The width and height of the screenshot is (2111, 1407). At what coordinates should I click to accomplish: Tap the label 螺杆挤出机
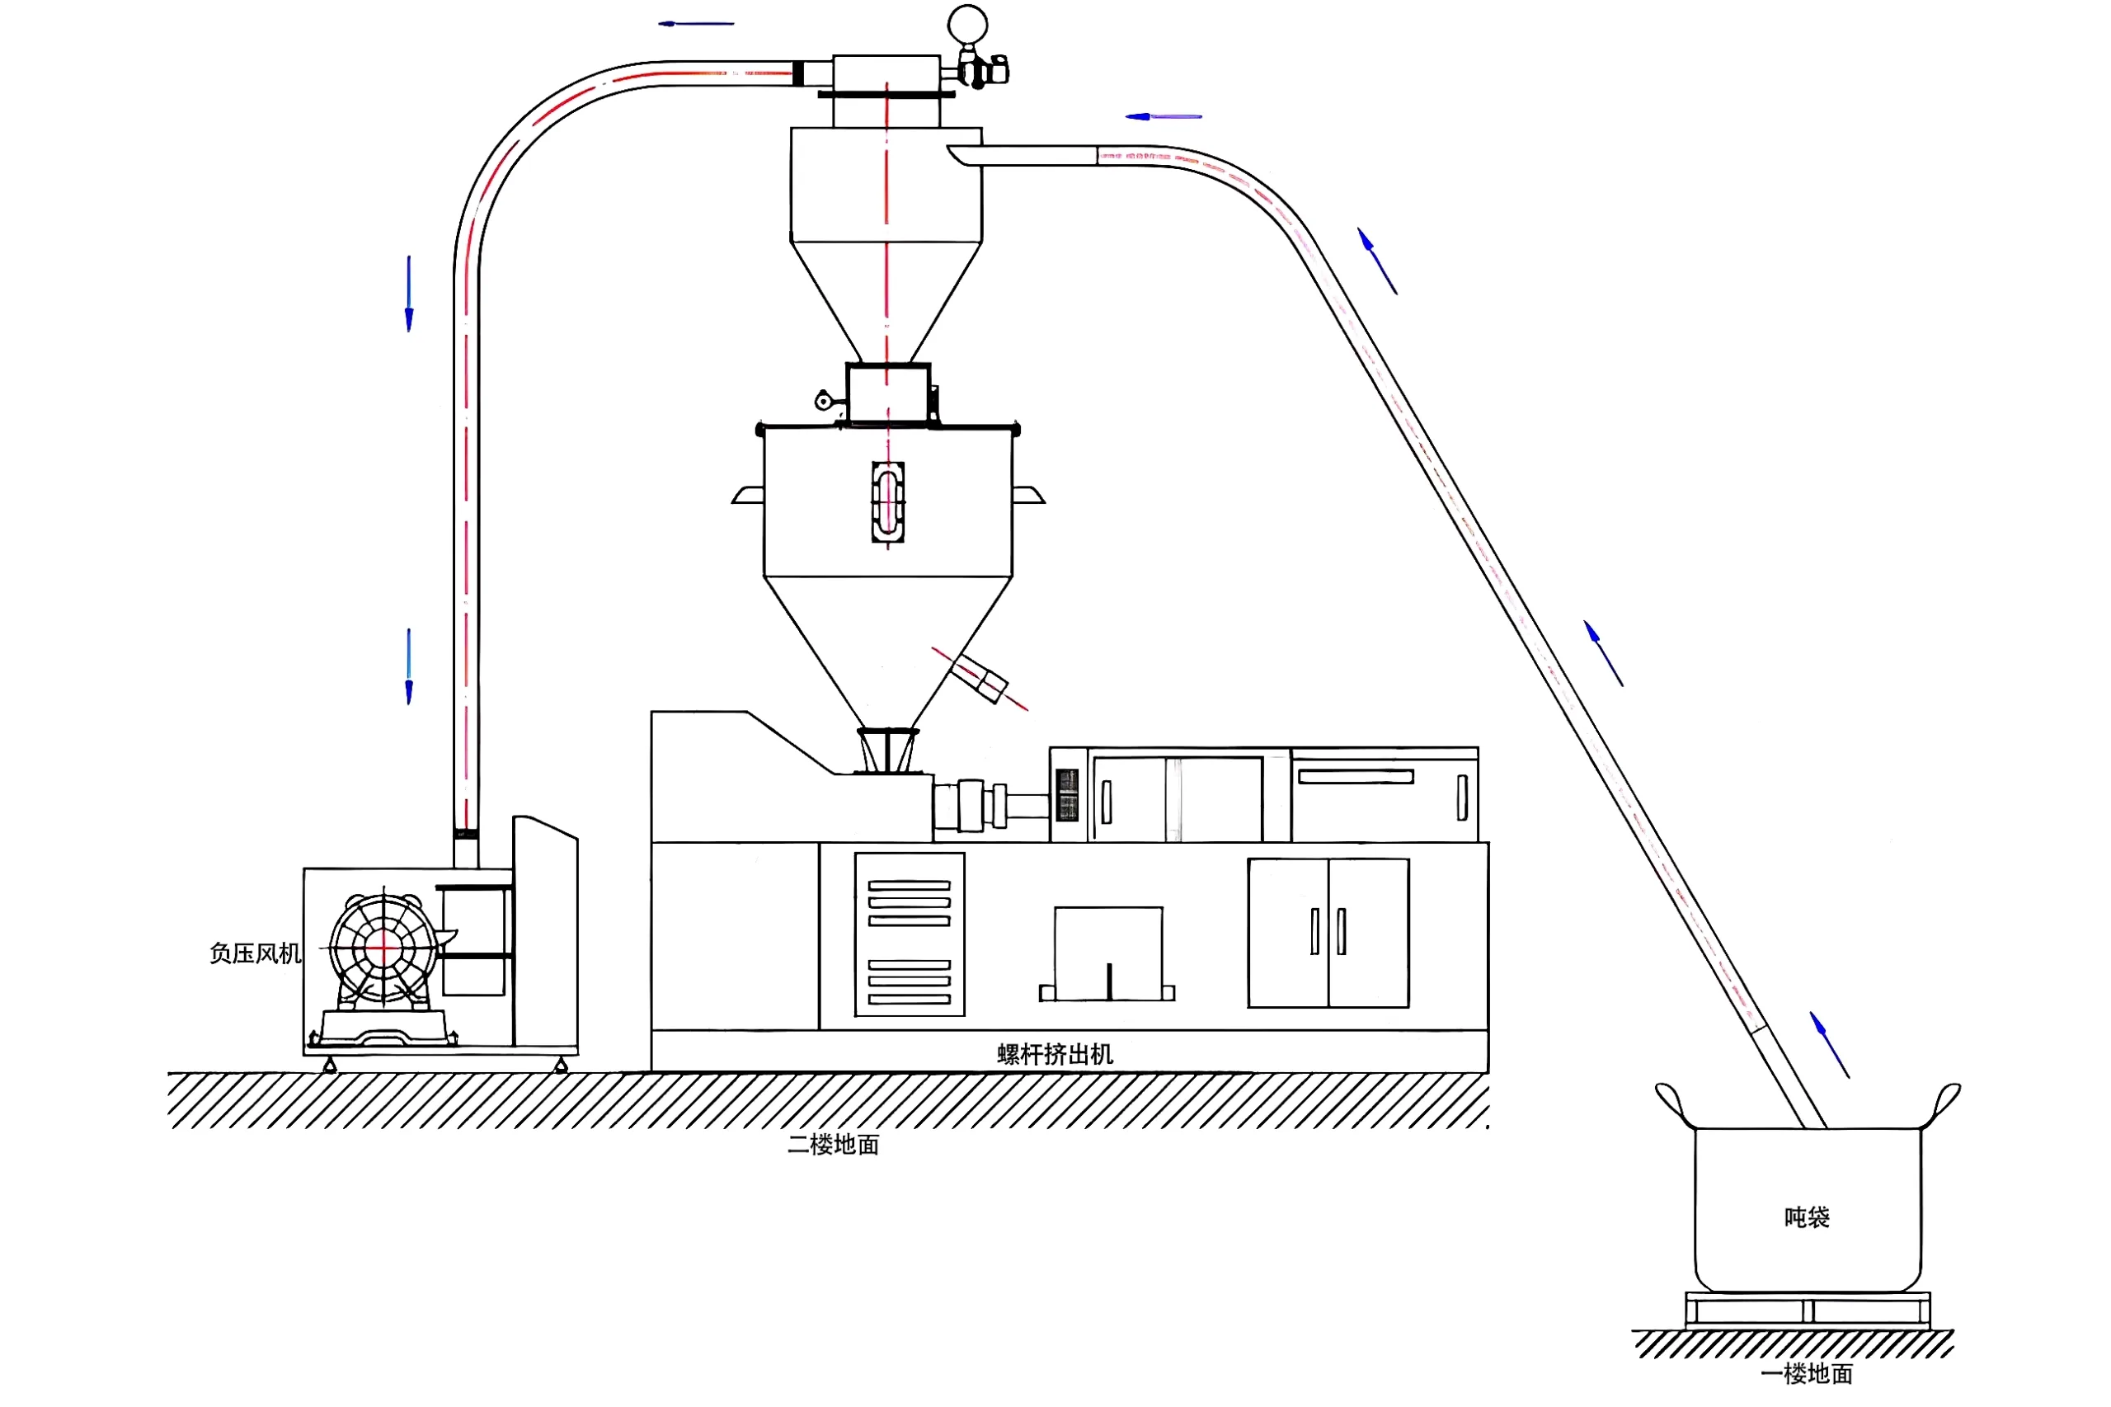[x=1054, y=1053]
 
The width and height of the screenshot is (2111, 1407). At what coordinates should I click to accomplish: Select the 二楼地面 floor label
[x=833, y=1144]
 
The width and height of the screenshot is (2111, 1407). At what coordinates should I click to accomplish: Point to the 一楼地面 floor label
[x=1806, y=1373]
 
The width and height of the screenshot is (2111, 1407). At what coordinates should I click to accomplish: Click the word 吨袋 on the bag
[x=1806, y=1216]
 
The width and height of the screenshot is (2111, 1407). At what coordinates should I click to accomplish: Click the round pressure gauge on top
[x=967, y=24]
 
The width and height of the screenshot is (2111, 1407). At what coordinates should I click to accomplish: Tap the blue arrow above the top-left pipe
[x=695, y=23]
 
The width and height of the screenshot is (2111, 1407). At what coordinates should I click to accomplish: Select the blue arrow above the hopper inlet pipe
[x=1163, y=116]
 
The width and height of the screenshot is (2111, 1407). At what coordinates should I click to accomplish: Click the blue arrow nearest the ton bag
[x=1828, y=1044]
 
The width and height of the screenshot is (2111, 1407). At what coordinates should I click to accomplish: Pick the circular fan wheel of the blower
[x=383, y=946]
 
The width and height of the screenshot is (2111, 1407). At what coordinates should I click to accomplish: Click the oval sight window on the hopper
[x=887, y=501]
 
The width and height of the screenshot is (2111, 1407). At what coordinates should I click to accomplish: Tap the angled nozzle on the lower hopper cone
[x=980, y=677]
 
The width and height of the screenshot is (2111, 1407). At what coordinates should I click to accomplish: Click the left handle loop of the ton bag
[x=1671, y=1103]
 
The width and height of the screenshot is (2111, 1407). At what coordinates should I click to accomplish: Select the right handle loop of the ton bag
[x=1945, y=1102]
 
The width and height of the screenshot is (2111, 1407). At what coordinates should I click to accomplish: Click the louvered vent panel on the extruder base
[x=909, y=934]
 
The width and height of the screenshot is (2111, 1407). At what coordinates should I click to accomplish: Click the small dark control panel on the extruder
[x=1067, y=794]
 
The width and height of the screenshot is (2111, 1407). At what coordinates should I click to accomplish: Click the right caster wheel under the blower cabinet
[x=561, y=1065]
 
